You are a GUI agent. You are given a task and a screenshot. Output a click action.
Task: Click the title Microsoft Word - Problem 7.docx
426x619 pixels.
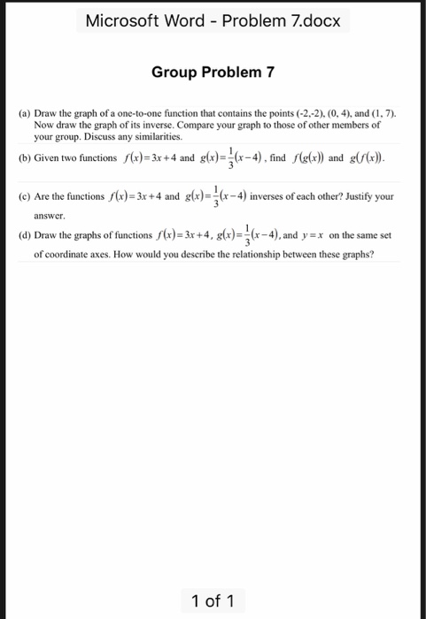(213, 20)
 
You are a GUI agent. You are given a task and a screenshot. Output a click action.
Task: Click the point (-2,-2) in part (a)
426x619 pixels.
(311, 115)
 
